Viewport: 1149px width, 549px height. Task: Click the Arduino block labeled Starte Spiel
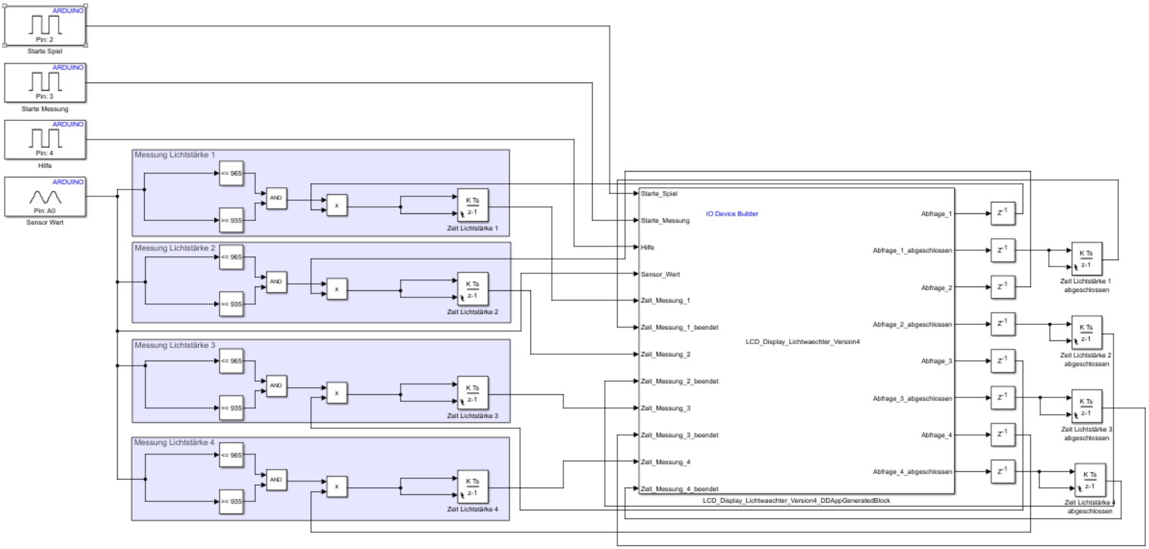point(46,25)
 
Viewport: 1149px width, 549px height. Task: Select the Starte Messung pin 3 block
point(46,82)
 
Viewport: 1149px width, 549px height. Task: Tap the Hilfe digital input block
point(46,139)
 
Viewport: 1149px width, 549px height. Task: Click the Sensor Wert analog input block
point(46,196)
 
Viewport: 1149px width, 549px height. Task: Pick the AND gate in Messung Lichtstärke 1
point(276,197)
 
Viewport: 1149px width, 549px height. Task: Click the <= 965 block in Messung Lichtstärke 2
point(231,257)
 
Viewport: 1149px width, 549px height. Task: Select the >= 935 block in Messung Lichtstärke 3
point(231,409)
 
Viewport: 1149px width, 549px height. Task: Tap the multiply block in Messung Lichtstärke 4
point(337,487)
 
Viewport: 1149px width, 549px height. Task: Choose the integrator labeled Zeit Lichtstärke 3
point(472,393)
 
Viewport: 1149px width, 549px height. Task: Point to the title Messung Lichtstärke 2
point(175,248)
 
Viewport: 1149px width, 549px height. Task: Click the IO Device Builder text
point(732,213)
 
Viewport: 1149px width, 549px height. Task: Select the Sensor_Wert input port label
point(660,274)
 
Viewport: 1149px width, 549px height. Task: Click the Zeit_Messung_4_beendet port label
point(680,489)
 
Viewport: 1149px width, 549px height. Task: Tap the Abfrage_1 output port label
point(936,213)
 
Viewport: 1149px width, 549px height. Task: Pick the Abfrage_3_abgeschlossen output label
point(912,398)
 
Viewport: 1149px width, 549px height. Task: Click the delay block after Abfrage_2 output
point(1002,287)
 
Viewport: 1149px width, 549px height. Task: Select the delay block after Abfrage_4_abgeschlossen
point(1002,471)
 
